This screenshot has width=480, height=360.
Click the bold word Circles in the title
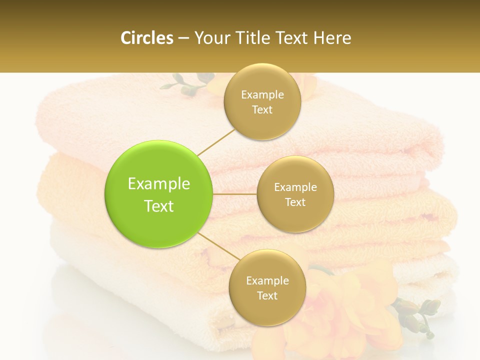point(147,38)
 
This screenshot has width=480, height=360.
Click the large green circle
point(158,194)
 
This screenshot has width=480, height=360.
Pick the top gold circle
point(262,101)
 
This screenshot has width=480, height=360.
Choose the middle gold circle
point(295,194)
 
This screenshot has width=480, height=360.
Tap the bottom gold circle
point(267,287)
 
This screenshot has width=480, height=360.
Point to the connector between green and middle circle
point(234,194)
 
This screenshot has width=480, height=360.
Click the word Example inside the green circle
point(158,184)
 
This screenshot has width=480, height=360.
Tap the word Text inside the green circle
point(158,206)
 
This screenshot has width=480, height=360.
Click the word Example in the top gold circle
point(262,95)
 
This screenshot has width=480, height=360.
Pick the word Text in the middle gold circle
point(295,202)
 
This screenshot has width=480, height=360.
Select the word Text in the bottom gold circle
point(267,295)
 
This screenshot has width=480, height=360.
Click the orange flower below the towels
point(345,305)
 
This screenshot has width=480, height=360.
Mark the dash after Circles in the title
point(183,38)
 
